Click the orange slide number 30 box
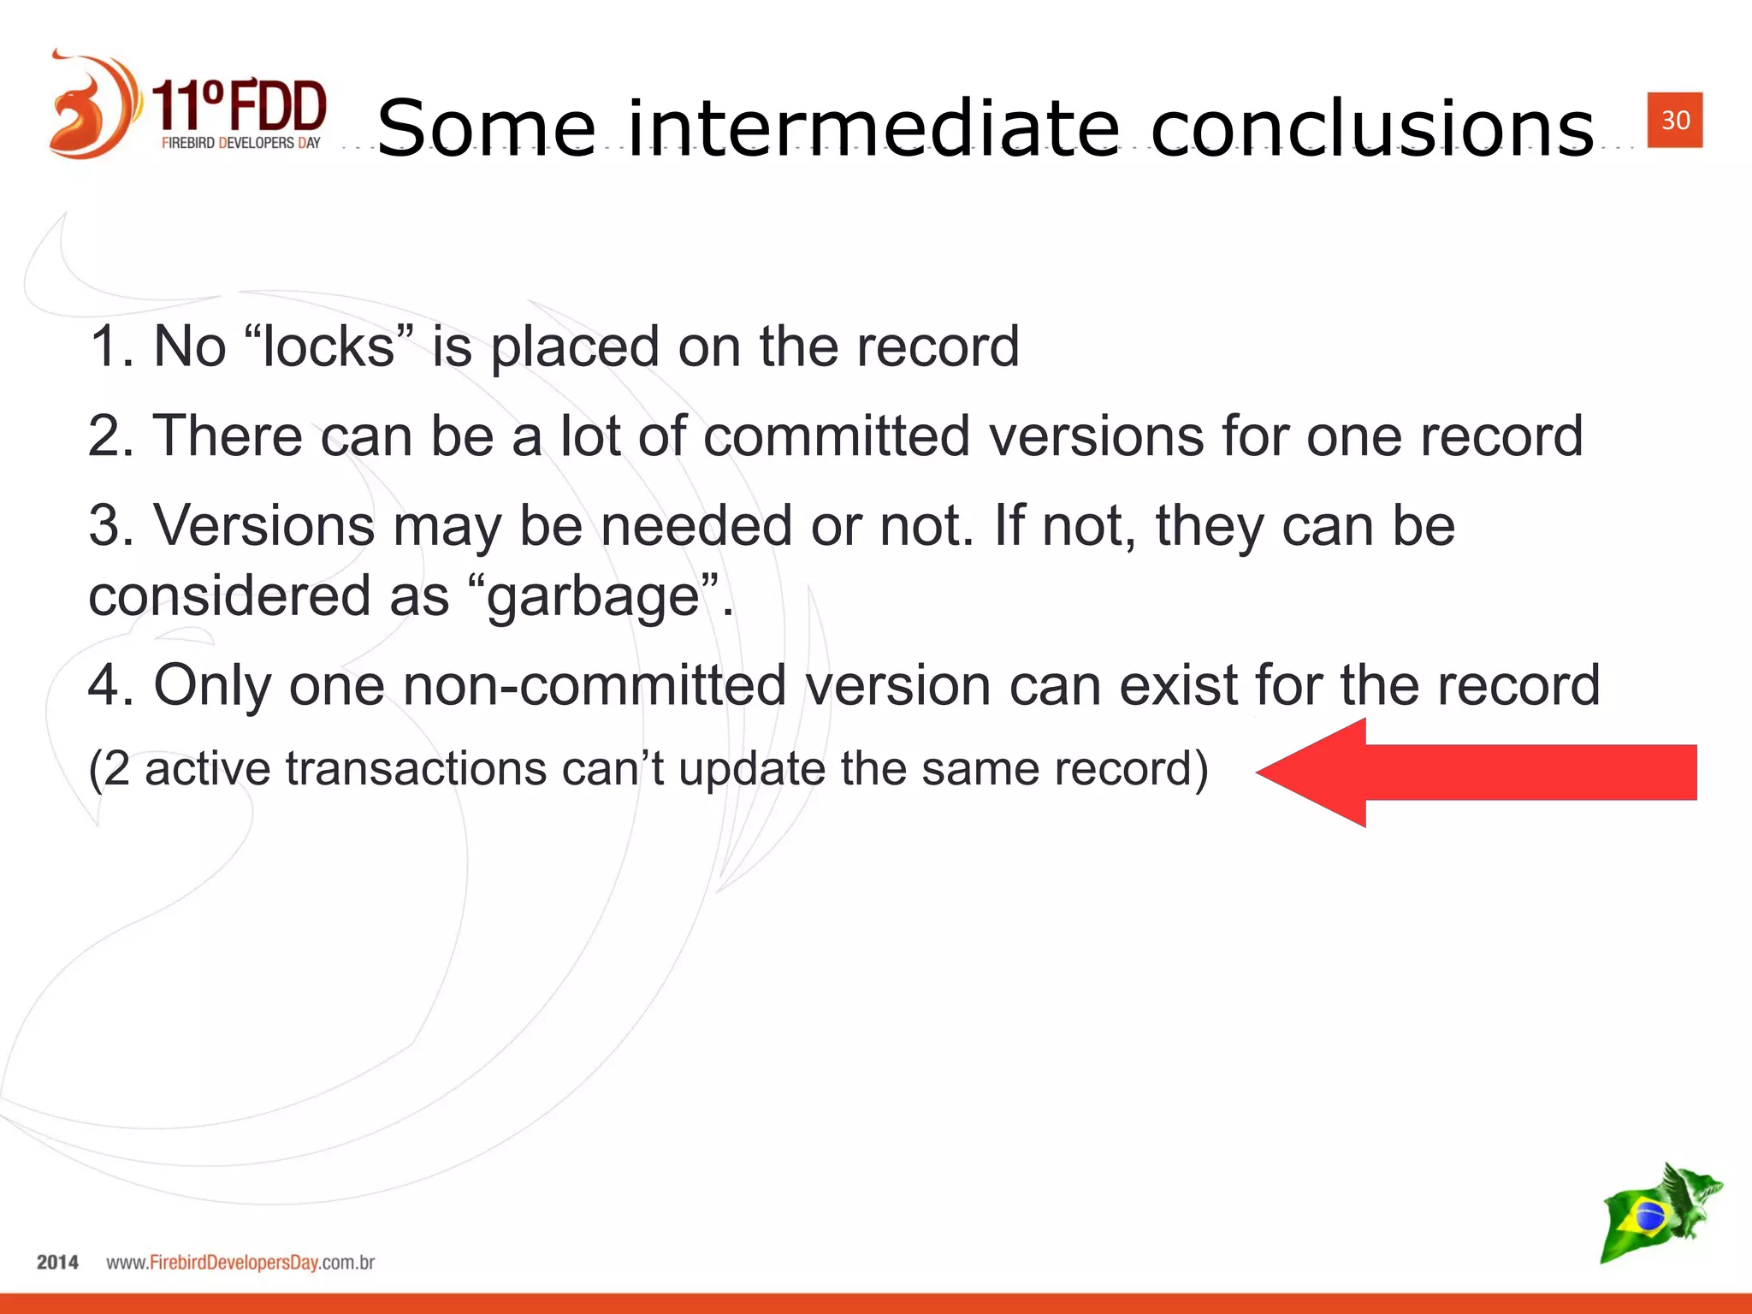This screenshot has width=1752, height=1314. (x=1674, y=120)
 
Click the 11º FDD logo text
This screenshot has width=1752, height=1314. (x=240, y=105)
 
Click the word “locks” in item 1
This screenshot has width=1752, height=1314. (x=329, y=346)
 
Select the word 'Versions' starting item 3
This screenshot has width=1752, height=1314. (x=263, y=525)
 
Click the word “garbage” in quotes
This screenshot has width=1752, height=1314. (x=594, y=596)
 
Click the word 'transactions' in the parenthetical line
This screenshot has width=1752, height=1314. (x=416, y=768)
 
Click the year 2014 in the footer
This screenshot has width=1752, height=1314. (x=57, y=1262)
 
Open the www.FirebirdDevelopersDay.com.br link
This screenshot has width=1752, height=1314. (x=240, y=1262)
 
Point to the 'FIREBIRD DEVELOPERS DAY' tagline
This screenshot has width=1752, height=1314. (x=240, y=143)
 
